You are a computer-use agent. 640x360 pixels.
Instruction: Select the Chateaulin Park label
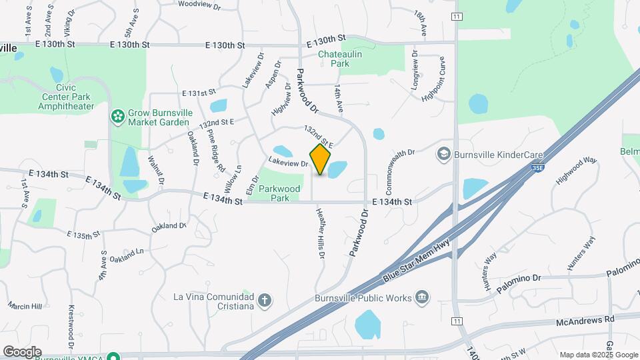click(343, 58)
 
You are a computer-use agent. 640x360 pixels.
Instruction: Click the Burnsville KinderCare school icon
click(443, 155)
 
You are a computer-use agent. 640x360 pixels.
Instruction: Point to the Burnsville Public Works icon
click(421, 297)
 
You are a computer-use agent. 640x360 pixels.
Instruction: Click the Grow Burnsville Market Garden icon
click(118, 117)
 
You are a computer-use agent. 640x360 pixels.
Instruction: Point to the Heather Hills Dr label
click(319, 232)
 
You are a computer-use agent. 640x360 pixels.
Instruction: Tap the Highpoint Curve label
click(433, 79)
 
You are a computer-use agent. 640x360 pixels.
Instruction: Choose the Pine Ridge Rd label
click(215, 151)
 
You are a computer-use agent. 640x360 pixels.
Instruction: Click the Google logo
click(21, 352)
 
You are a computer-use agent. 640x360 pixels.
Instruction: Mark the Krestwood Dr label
click(71, 322)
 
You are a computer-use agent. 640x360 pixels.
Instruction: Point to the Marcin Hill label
click(25, 306)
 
